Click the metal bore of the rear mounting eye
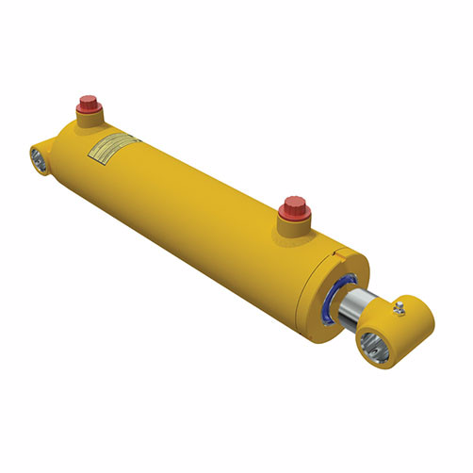[x=42, y=158]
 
